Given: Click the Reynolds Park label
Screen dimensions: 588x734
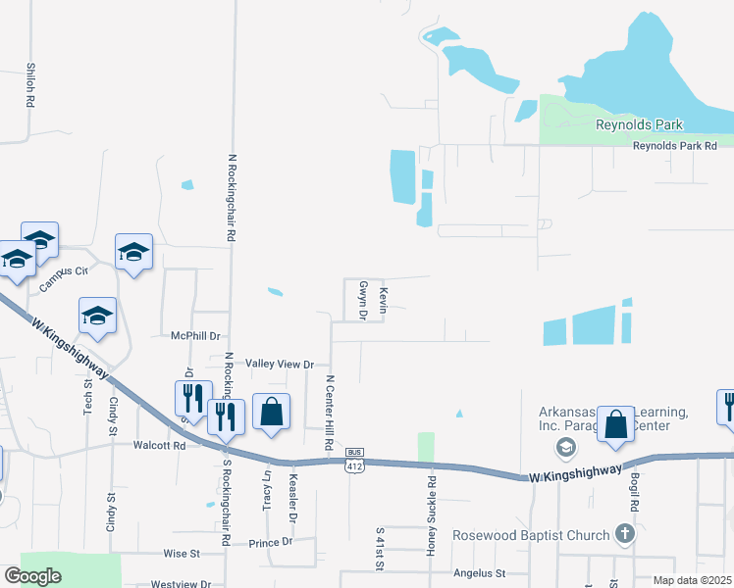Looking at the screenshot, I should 639,124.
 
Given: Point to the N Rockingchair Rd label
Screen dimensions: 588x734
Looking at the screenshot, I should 233,196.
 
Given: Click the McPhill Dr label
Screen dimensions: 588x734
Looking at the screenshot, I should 192,335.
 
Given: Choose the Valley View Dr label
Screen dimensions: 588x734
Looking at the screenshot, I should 279,364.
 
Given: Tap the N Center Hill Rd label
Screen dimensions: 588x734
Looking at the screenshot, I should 331,412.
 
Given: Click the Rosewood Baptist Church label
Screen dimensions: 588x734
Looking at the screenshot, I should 530,536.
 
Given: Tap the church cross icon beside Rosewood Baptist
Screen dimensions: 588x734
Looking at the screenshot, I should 624,534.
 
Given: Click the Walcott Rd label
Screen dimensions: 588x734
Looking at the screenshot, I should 159,445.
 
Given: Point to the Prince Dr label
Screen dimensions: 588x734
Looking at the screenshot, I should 271,542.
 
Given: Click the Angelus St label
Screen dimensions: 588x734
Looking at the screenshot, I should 479,572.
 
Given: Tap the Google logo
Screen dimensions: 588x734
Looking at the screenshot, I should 33,576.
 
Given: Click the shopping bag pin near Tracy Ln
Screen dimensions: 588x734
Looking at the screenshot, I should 272,413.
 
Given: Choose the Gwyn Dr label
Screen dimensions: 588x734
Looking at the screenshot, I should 363,300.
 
